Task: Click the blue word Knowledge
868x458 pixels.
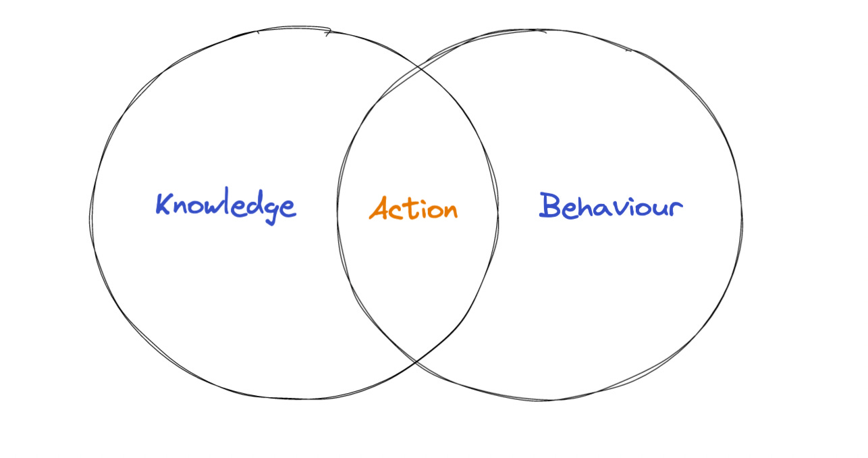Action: pyautogui.click(x=225, y=207)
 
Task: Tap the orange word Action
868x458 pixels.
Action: pyautogui.click(x=413, y=209)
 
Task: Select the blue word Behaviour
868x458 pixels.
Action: pyautogui.click(x=610, y=206)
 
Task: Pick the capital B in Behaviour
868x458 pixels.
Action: pyautogui.click(x=551, y=205)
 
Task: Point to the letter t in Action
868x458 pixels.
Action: pyautogui.click(x=408, y=209)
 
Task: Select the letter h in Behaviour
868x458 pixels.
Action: pyautogui.click(x=585, y=205)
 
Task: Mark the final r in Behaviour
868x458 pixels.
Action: pyautogui.click(x=676, y=208)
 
